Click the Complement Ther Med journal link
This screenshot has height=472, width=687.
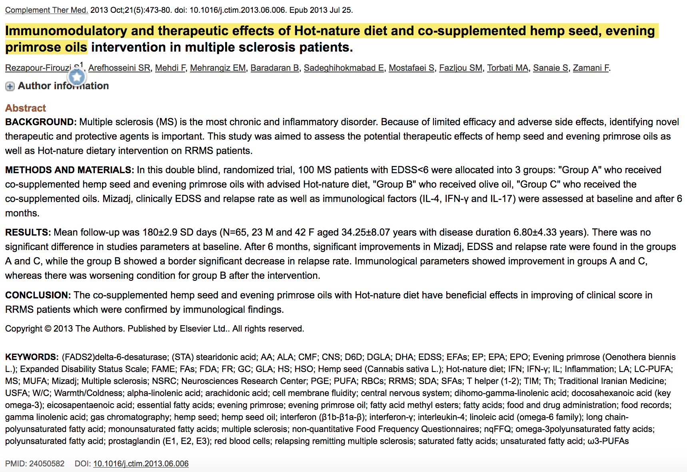coord(46,10)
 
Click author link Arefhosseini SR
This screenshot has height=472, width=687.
coord(119,68)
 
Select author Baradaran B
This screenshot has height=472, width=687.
coord(274,68)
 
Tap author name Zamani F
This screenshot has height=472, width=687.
coord(591,68)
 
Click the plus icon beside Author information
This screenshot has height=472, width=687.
coord(10,86)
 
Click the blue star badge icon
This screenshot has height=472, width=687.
coord(77,77)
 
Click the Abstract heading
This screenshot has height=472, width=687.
coord(26,108)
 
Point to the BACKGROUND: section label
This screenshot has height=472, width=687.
coord(40,122)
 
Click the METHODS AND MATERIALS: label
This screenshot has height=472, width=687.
coord(69,170)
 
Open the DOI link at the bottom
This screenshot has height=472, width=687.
coord(141,464)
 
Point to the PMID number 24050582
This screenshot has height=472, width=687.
coord(46,464)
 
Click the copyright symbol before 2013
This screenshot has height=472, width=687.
coord(48,329)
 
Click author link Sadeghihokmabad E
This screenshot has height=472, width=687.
coord(343,68)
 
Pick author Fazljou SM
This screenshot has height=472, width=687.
coord(460,68)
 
